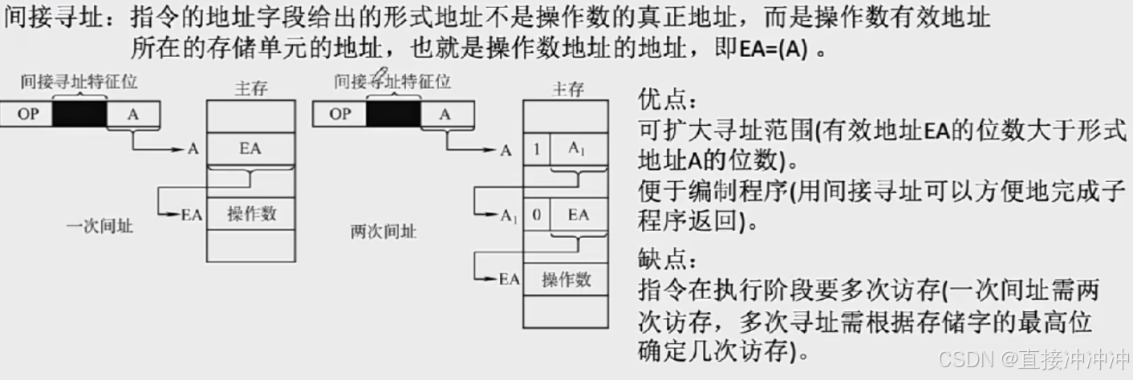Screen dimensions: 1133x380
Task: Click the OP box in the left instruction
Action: [28, 114]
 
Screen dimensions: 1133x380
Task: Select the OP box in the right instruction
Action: [340, 114]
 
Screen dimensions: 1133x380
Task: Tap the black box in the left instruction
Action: [79, 114]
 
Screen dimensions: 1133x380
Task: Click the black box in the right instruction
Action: [392, 114]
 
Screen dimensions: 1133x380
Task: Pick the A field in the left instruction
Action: [133, 114]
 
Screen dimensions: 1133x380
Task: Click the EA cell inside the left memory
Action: [250, 148]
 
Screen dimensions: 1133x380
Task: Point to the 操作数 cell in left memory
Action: [250, 213]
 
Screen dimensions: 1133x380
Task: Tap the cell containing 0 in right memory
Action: [536, 215]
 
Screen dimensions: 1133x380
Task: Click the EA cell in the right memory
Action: [578, 215]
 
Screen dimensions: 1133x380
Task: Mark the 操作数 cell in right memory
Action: [566, 279]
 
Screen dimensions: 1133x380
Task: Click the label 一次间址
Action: [99, 227]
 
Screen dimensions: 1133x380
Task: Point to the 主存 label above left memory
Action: [251, 88]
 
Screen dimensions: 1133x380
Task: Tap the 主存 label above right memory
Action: [567, 88]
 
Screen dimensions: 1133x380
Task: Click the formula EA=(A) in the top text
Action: [772, 48]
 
